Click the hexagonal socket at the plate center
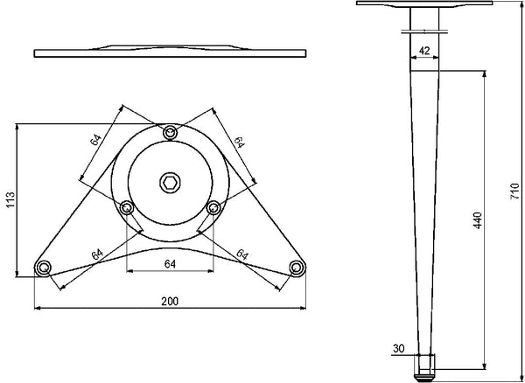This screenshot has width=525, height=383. [170, 183]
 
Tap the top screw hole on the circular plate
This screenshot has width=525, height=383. [170, 133]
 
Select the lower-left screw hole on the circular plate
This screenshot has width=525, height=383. [127, 208]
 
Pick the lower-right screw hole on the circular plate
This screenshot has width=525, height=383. [213, 208]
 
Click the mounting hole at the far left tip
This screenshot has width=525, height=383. [43, 268]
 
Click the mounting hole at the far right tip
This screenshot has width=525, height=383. [297, 268]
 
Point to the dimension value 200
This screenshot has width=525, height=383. [170, 302]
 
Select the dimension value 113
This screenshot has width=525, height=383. [10, 199]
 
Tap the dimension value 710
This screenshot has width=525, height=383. [514, 191]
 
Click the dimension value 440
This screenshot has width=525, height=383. [478, 220]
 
